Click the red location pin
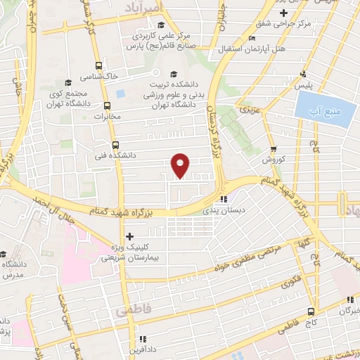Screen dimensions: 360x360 181,165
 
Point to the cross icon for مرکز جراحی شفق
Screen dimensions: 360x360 283,13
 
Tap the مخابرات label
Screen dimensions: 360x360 108,117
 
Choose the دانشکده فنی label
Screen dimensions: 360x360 120,155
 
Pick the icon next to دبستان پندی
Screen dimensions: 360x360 224,199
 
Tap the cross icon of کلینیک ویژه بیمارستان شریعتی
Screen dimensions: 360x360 129,237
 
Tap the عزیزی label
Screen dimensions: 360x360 250,110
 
